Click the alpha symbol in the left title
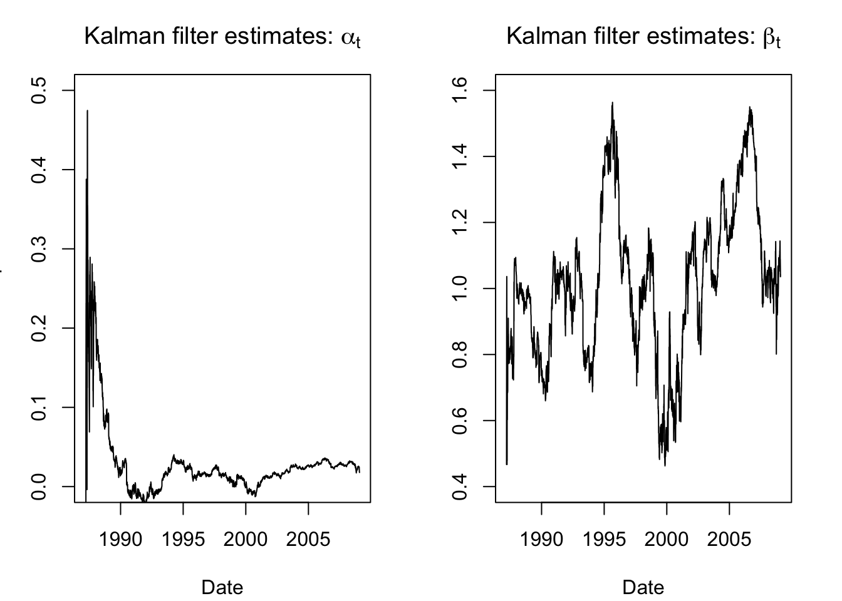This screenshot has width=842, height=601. click(x=348, y=38)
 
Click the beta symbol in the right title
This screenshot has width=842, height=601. click(x=770, y=38)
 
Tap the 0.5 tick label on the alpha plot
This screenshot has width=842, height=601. click(x=39, y=90)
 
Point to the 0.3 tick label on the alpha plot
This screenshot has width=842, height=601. click(x=39, y=249)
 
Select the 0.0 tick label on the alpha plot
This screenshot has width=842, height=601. click(x=39, y=486)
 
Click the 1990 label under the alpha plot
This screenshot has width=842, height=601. click(x=120, y=538)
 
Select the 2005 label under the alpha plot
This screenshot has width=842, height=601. click(x=308, y=538)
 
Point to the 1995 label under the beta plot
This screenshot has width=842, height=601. click(x=604, y=538)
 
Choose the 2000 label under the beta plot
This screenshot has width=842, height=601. click(x=667, y=538)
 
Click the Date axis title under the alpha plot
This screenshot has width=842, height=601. click(x=222, y=587)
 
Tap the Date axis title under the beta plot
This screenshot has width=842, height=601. click(x=643, y=587)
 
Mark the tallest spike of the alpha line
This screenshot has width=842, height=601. click(x=87, y=111)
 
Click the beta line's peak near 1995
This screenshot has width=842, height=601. click(x=612, y=103)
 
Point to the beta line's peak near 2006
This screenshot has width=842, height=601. click(x=749, y=108)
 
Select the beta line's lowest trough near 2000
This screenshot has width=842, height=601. click(x=664, y=465)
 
